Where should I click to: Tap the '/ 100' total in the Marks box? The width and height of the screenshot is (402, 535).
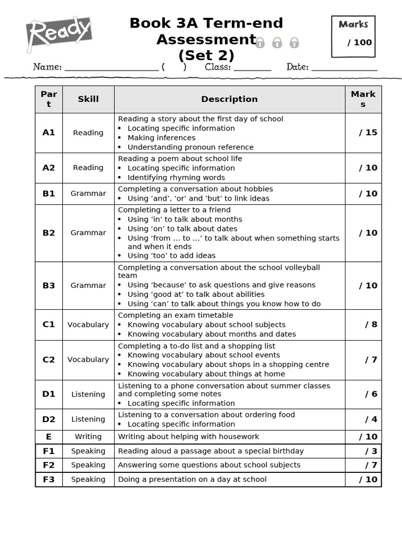point(360,42)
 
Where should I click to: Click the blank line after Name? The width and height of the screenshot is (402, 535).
point(111,68)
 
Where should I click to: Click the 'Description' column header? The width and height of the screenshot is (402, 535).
point(229,99)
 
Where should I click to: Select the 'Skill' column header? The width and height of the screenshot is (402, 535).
point(88,99)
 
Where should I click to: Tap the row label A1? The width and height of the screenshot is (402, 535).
point(49,133)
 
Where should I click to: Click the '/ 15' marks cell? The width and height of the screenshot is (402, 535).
point(368,133)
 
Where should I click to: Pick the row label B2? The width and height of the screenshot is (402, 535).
point(49,233)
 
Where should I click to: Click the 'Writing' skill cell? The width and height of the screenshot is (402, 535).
point(88,437)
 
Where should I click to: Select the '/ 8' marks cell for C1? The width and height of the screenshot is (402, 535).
point(371,324)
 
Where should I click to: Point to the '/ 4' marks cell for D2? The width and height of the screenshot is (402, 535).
point(371,419)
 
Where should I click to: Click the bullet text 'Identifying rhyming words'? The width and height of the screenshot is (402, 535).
point(176,178)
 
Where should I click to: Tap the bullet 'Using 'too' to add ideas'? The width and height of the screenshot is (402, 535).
point(171,255)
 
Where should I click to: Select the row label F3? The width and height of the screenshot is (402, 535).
point(49,479)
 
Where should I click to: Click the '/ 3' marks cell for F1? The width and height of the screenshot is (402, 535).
point(371,451)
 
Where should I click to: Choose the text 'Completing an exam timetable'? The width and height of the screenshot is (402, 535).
point(175,316)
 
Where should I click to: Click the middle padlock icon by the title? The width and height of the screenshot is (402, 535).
point(277,43)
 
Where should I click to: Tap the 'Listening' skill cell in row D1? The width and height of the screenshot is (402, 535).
point(88,394)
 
